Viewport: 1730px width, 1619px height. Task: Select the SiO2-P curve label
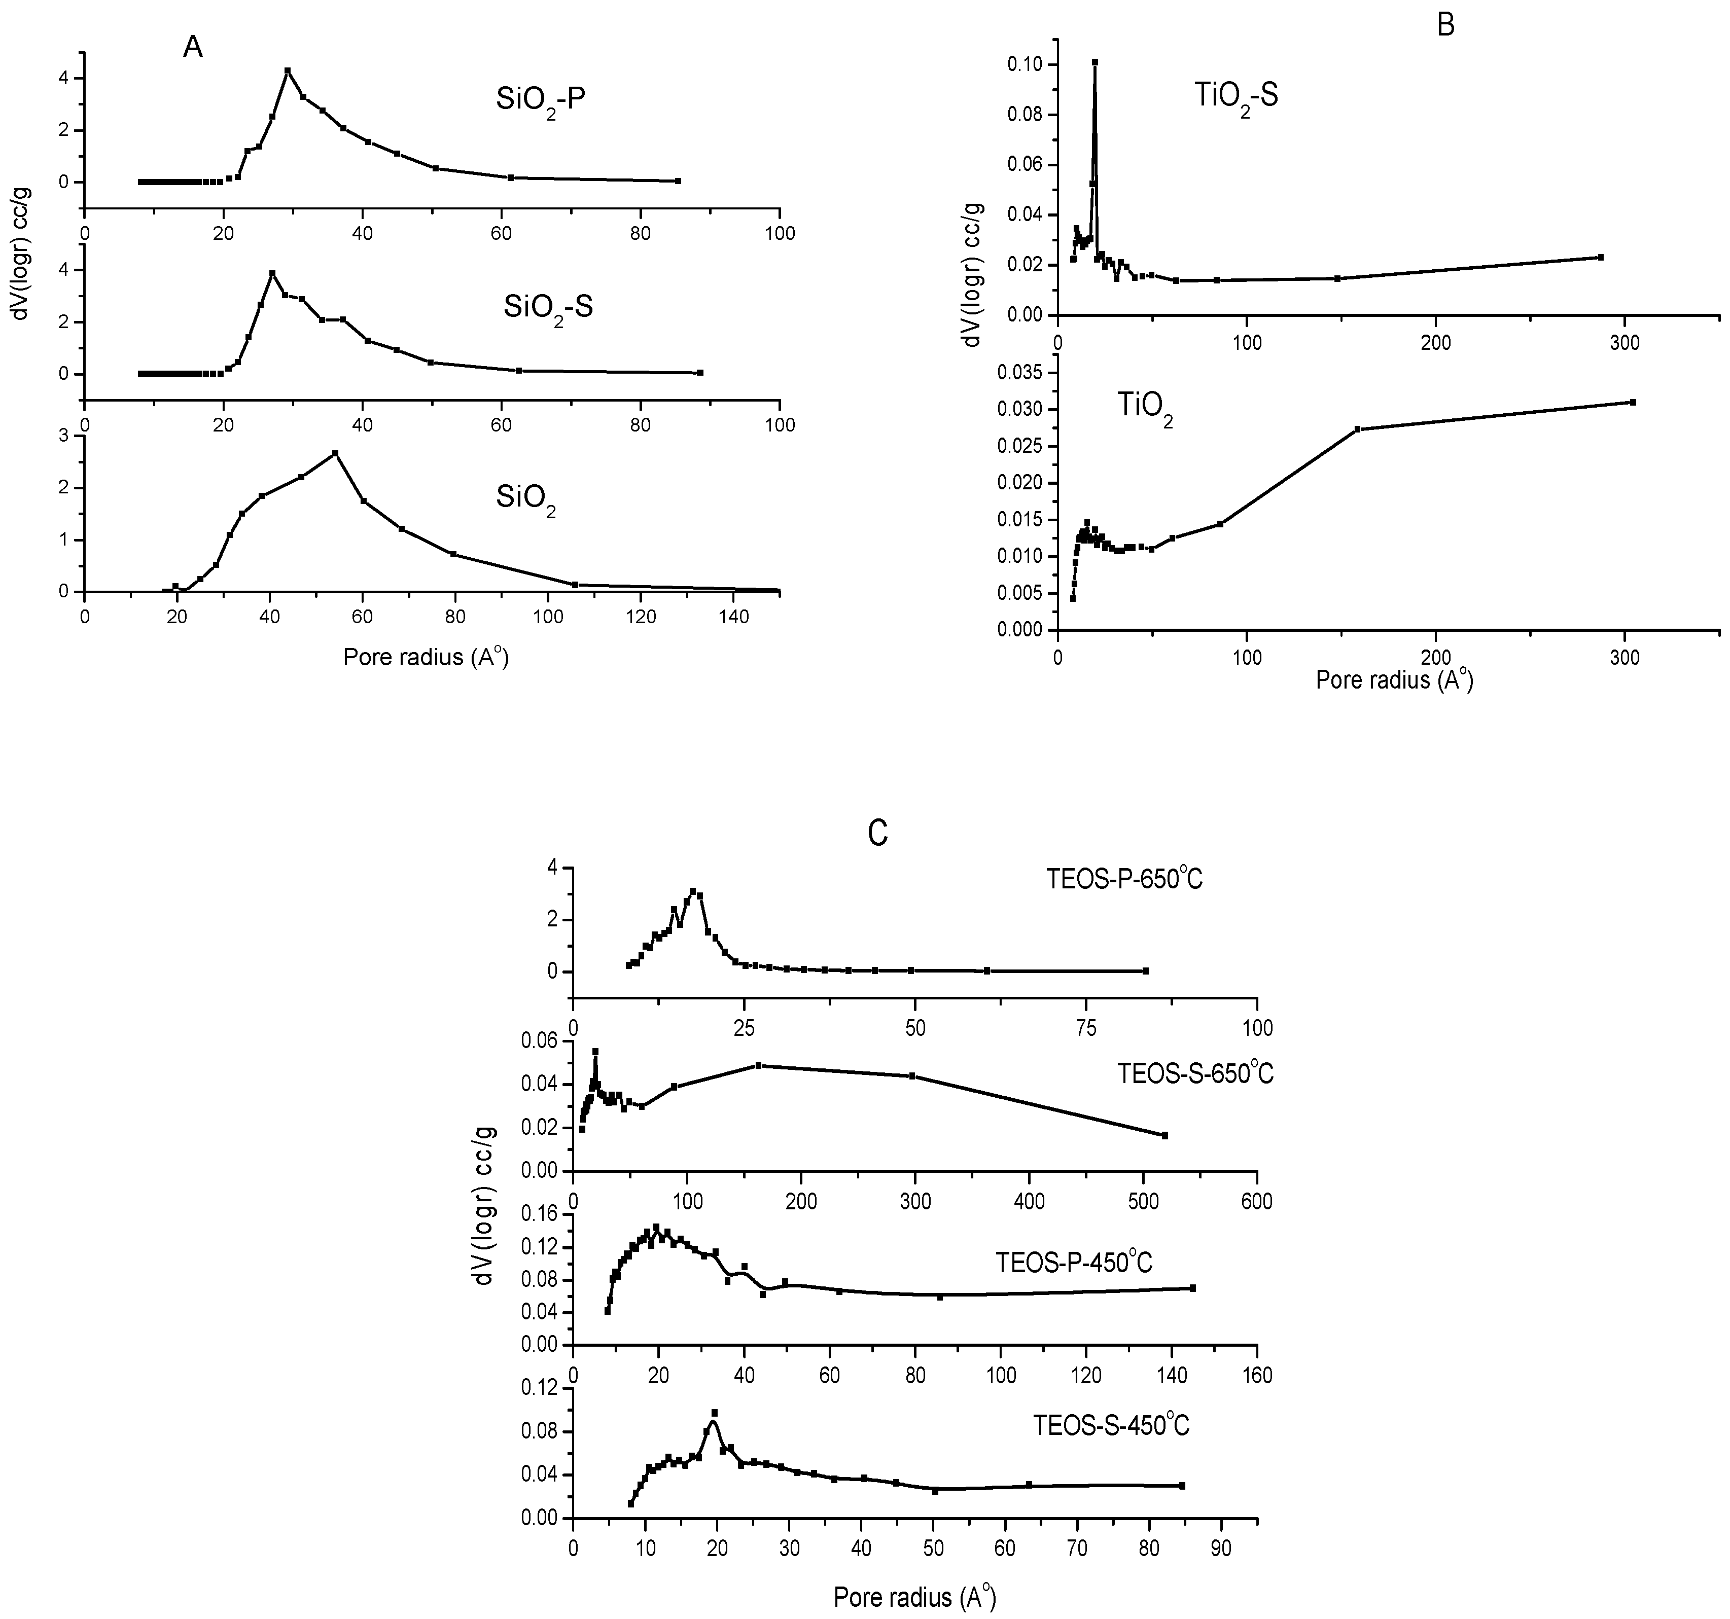tap(541, 101)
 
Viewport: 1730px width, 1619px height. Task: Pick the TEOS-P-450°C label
tap(1074, 1263)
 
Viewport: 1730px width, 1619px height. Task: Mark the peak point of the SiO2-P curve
tap(287, 70)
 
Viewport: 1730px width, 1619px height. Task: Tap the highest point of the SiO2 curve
tap(335, 453)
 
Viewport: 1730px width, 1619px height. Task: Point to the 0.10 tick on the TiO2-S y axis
tap(1027, 64)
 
